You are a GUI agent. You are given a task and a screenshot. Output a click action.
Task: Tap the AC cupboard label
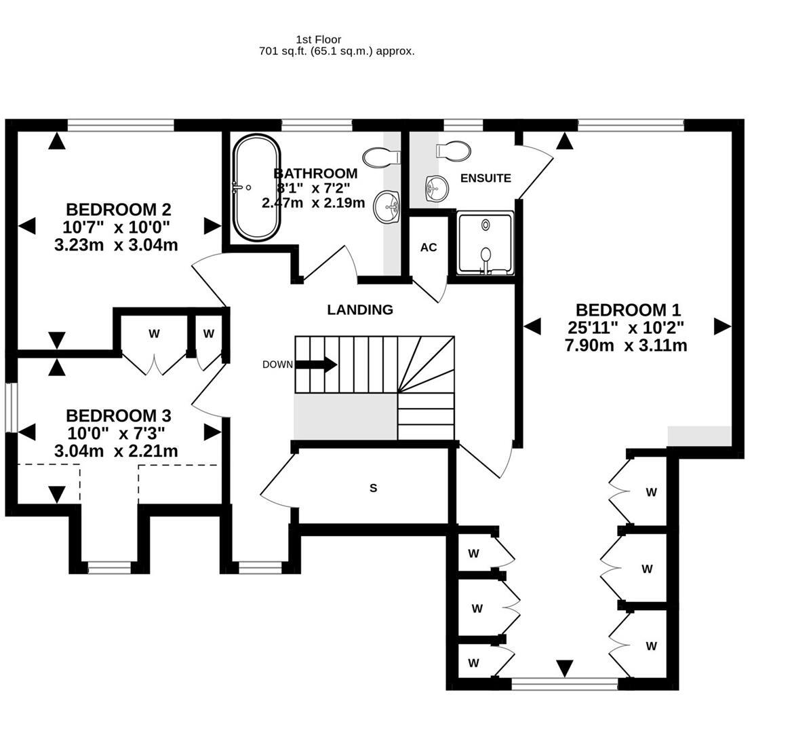point(429,247)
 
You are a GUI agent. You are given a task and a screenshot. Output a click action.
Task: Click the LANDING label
point(360,310)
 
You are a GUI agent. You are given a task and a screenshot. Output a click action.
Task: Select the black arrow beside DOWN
point(317,364)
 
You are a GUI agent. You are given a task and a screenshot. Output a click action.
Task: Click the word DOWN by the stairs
point(277,364)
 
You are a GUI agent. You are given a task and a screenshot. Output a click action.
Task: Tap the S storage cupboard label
point(373,488)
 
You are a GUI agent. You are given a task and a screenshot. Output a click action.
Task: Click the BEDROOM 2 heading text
point(118,209)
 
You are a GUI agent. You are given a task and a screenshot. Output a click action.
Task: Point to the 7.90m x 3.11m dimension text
point(626,345)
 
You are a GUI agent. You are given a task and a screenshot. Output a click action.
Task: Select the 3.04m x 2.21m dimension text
point(116,451)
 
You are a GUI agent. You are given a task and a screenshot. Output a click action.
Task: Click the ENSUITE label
point(486,178)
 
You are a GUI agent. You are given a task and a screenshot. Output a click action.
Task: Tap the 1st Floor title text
point(319,39)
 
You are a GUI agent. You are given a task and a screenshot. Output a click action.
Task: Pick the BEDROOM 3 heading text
point(118,415)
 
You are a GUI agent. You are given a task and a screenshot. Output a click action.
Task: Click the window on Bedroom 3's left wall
point(10,407)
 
